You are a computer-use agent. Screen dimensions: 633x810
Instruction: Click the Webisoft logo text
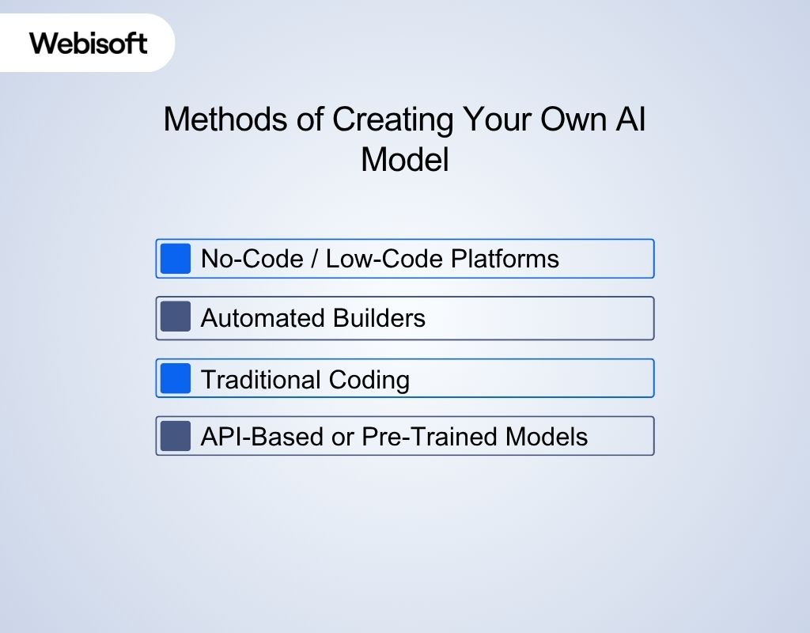coord(89,42)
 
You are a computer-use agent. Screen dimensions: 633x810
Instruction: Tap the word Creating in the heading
coord(392,120)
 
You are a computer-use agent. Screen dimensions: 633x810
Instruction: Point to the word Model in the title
coord(404,160)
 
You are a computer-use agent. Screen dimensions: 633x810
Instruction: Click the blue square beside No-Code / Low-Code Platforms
coord(176,259)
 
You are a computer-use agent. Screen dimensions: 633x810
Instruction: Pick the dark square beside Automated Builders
coord(176,318)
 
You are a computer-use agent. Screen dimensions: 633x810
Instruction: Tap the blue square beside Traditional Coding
coord(176,378)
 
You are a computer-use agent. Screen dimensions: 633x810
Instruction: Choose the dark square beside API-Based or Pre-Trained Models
coord(176,436)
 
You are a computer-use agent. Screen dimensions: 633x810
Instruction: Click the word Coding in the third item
coord(370,380)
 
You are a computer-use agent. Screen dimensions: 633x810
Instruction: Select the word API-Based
coord(263,437)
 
